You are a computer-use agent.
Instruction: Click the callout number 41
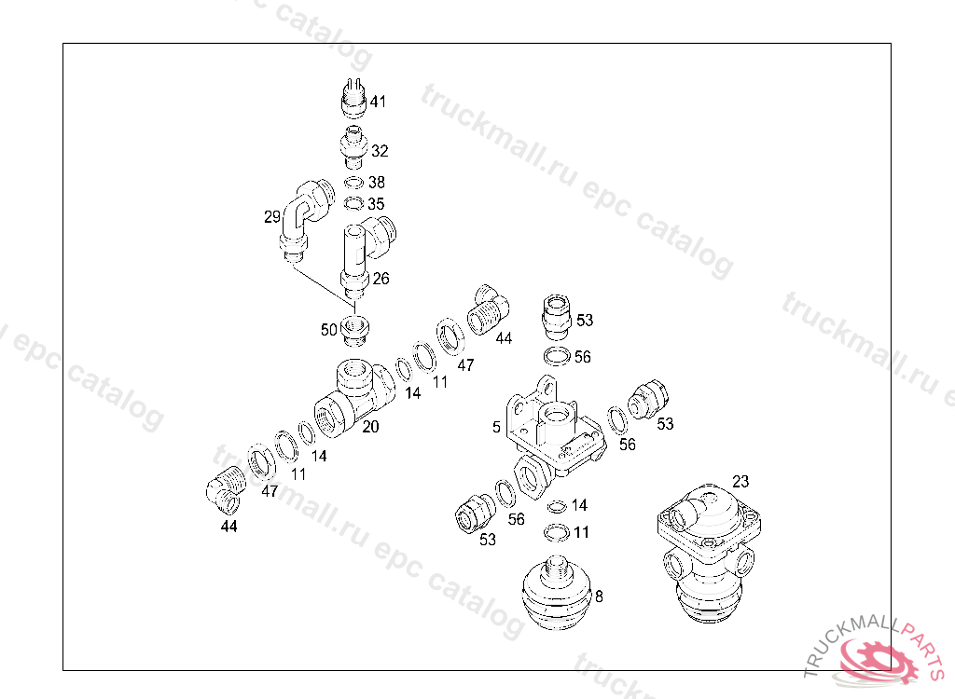[379, 102]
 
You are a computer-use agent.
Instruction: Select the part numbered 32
[353, 147]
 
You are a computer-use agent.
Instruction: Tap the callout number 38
[377, 182]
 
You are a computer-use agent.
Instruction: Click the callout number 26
[381, 279]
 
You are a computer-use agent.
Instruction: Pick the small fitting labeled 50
[355, 331]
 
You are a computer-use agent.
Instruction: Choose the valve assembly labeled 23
[709, 554]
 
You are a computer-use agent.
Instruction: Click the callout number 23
[740, 482]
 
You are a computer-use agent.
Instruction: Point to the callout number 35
[376, 203]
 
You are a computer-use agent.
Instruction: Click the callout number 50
[329, 329]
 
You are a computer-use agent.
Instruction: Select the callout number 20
[370, 427]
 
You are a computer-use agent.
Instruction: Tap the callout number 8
[599, 596]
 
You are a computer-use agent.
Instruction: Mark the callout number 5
[496, 428]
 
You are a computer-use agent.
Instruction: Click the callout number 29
[271, 217]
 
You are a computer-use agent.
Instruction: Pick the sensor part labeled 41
[353, 98]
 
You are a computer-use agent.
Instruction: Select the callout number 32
[380, 151]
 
